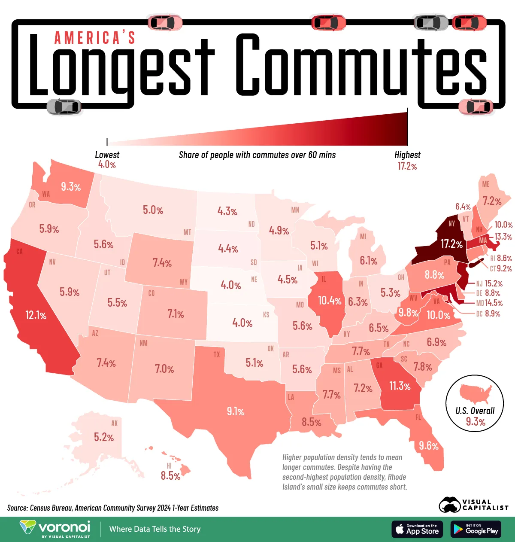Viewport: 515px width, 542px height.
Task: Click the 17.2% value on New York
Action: [x=451, y=244]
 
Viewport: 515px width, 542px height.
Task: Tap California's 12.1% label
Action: [x=36, y=316]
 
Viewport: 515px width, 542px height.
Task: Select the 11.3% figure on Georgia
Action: [x=400, y=386]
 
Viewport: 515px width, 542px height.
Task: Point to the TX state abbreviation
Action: [x=217, y=355]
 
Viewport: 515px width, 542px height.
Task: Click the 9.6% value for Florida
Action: [x=428, y=446]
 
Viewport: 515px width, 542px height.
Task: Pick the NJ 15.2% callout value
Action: [x=494, y=283]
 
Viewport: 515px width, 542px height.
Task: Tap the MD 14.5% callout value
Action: [x=494, y=303]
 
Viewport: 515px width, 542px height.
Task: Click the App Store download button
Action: [x=417, y=529]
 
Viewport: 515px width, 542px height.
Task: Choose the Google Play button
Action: [x=476, y=529]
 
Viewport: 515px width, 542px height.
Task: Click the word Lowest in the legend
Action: [x=107, y=155]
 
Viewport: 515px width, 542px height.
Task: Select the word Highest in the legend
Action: [x=407, y=155]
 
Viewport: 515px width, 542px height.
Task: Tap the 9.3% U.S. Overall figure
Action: [x=476, y=422]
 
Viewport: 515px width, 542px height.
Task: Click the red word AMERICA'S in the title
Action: [x=95, y=38]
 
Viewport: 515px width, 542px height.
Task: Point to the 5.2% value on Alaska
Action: [x=104, y=437]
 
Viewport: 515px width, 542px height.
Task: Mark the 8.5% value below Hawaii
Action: [x=170, y=476]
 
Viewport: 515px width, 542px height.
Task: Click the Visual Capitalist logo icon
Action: [x=449, y=505]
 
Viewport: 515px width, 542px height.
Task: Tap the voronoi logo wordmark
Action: [x=64, y=527]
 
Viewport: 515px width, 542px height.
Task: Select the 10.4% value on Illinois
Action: [x=330, y=301]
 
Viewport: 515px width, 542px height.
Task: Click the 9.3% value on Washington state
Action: [x=71, y=187]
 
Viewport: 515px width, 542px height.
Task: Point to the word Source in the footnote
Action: [x=17, y=508]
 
